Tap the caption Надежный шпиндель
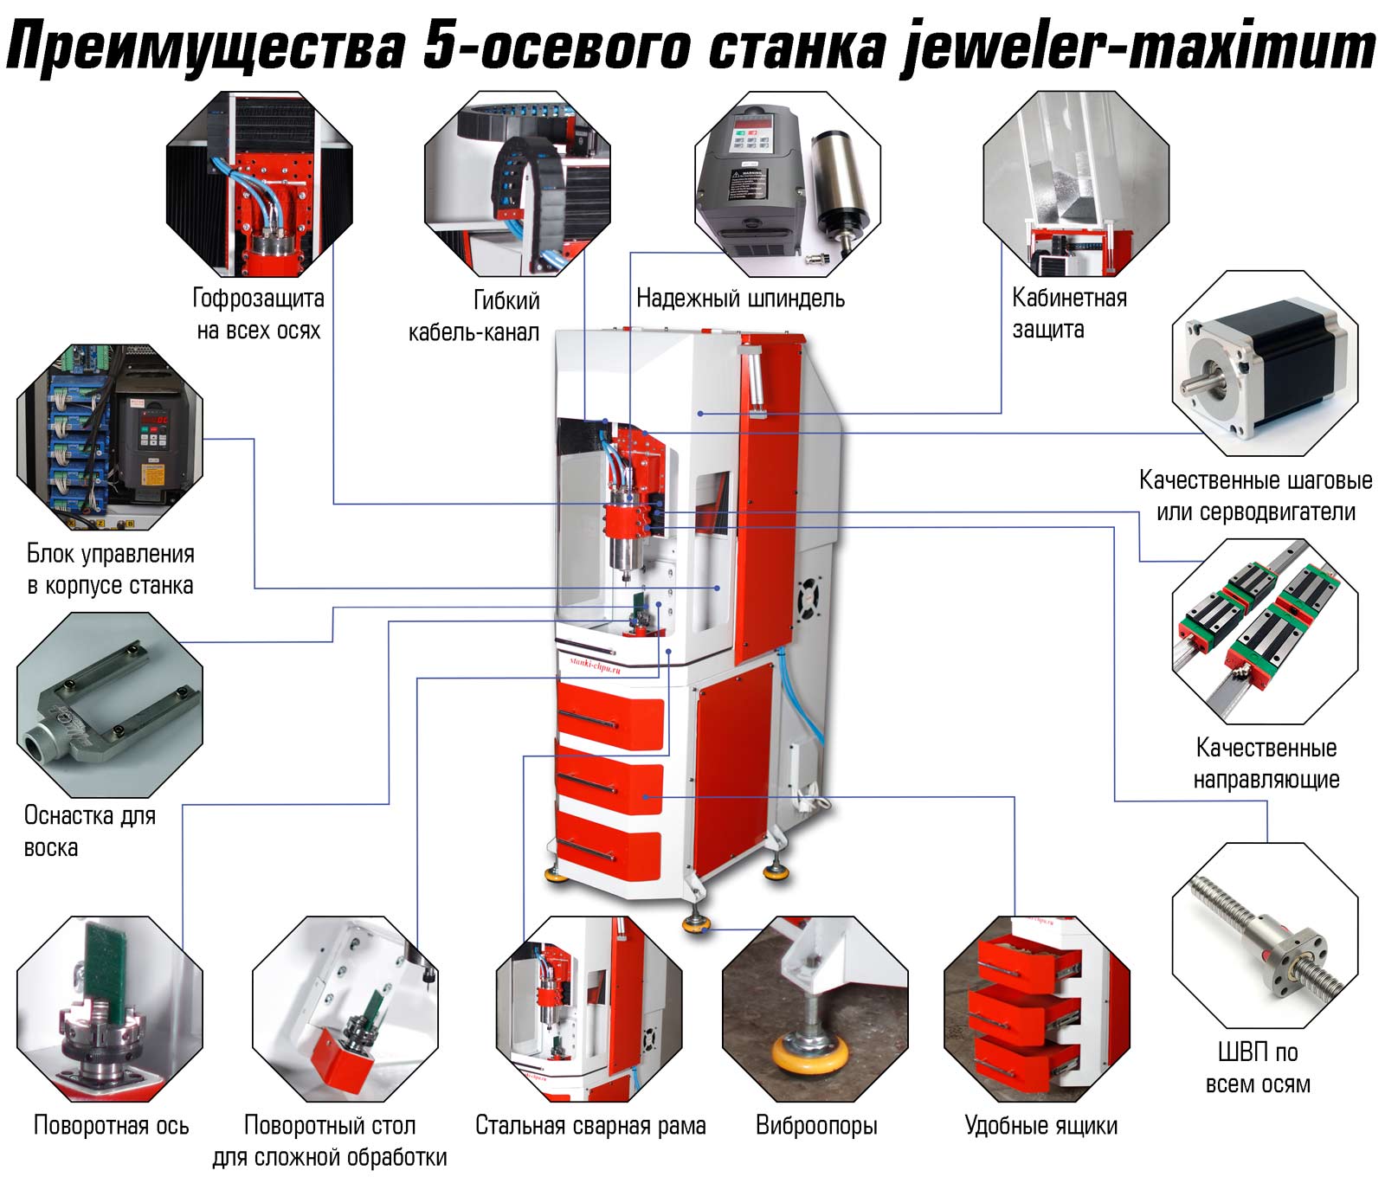pos(740,299)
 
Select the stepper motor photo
pos(1265,363)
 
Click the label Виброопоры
pos(816,1125)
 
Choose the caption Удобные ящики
pos(1041,1125)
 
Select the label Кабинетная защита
pos(1070,313)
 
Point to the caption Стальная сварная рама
pos(590,1125)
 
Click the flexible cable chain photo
pos(518,184)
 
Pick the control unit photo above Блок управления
pos(109,438)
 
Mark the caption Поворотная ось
pos(111,1125)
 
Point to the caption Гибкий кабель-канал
pos(474,316)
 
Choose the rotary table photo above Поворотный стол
pos(345,1008)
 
